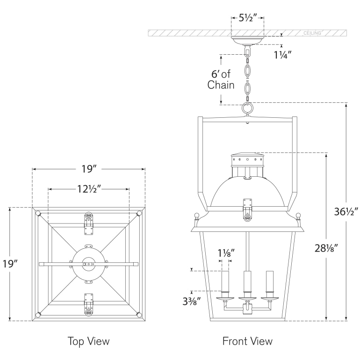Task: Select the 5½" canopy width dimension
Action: [247, 19]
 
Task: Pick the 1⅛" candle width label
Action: [226, 253]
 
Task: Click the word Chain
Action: [221, 85]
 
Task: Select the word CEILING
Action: [312, 34]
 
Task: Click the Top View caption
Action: [88, 341]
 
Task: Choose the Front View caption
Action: [247, 341]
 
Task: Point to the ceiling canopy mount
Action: [247, 42]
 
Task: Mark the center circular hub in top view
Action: [89, 264]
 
